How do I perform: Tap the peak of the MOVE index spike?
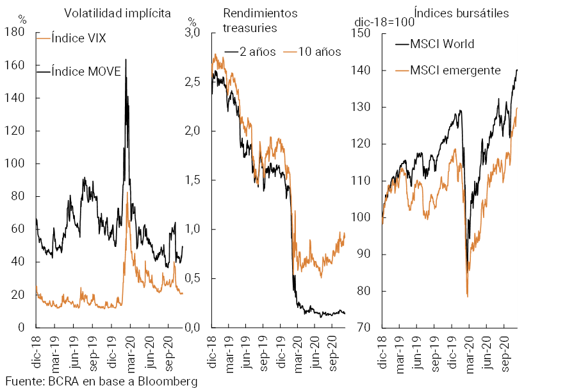tap(125, 59)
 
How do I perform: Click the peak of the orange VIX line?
tap(127, 192)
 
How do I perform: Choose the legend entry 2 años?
tap(256, 52)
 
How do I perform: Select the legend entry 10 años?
tap(313, 52)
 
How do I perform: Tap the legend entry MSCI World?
tap(443, 44)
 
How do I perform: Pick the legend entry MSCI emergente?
tap(455, 70)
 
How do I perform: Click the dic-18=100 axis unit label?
tap(382, 23)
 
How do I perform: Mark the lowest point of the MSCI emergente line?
tap(468, 296)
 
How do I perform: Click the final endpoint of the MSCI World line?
tap(517, 69)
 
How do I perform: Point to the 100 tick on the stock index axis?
tap(363, 217)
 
